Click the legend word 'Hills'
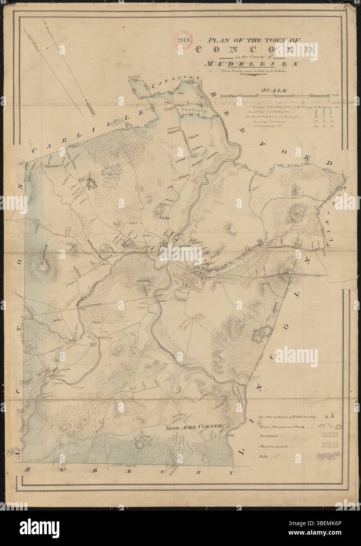click(x=263, y=456)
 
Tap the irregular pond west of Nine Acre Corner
click(x=142, y=444)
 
